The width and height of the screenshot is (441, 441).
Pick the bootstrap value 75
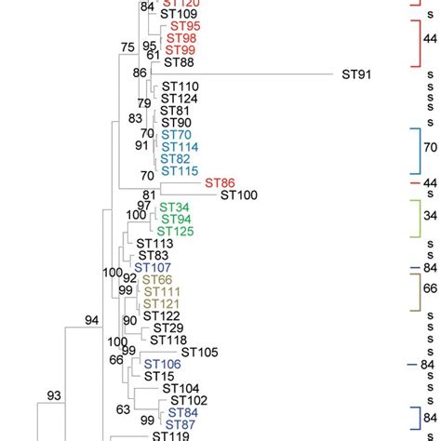click(127, 47)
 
